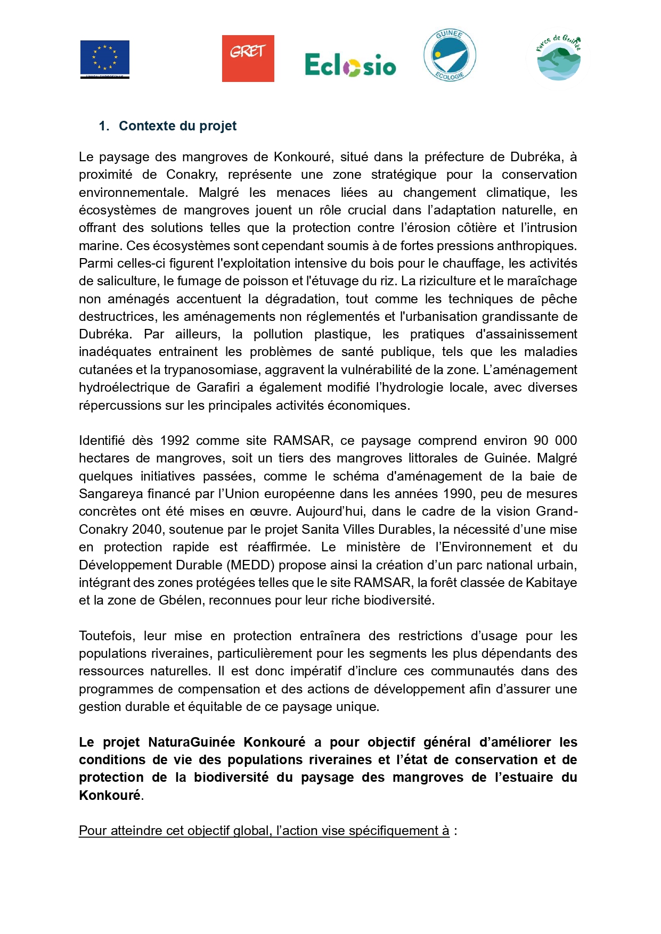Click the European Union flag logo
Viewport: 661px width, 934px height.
[105, 59]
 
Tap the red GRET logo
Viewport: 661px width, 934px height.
[248, 59]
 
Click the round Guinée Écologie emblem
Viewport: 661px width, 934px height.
[450, 56]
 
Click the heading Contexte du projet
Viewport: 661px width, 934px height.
[177, 126]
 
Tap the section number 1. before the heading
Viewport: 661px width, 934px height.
[104, 126]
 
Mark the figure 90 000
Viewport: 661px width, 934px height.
[555, 441]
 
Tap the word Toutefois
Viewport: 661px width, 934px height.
[105, 636]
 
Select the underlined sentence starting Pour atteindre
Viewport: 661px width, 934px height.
[264, 831]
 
